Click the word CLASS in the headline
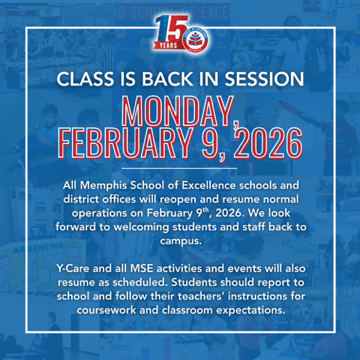click(85, 79)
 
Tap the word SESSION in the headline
click(264, 79)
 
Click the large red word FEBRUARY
click(125, 143)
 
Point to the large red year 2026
click(268, 143)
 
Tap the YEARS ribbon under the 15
click(168, 45)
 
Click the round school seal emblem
click(195, 39)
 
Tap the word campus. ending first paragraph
click(181, 241)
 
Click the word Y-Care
click(73, 268)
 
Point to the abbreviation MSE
click(142, 268)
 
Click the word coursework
click(106, 310)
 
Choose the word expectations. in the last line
click(250, 310)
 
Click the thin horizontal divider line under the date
click(179, 168)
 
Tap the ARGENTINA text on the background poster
click(37, 248)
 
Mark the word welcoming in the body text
click(141, 227)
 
